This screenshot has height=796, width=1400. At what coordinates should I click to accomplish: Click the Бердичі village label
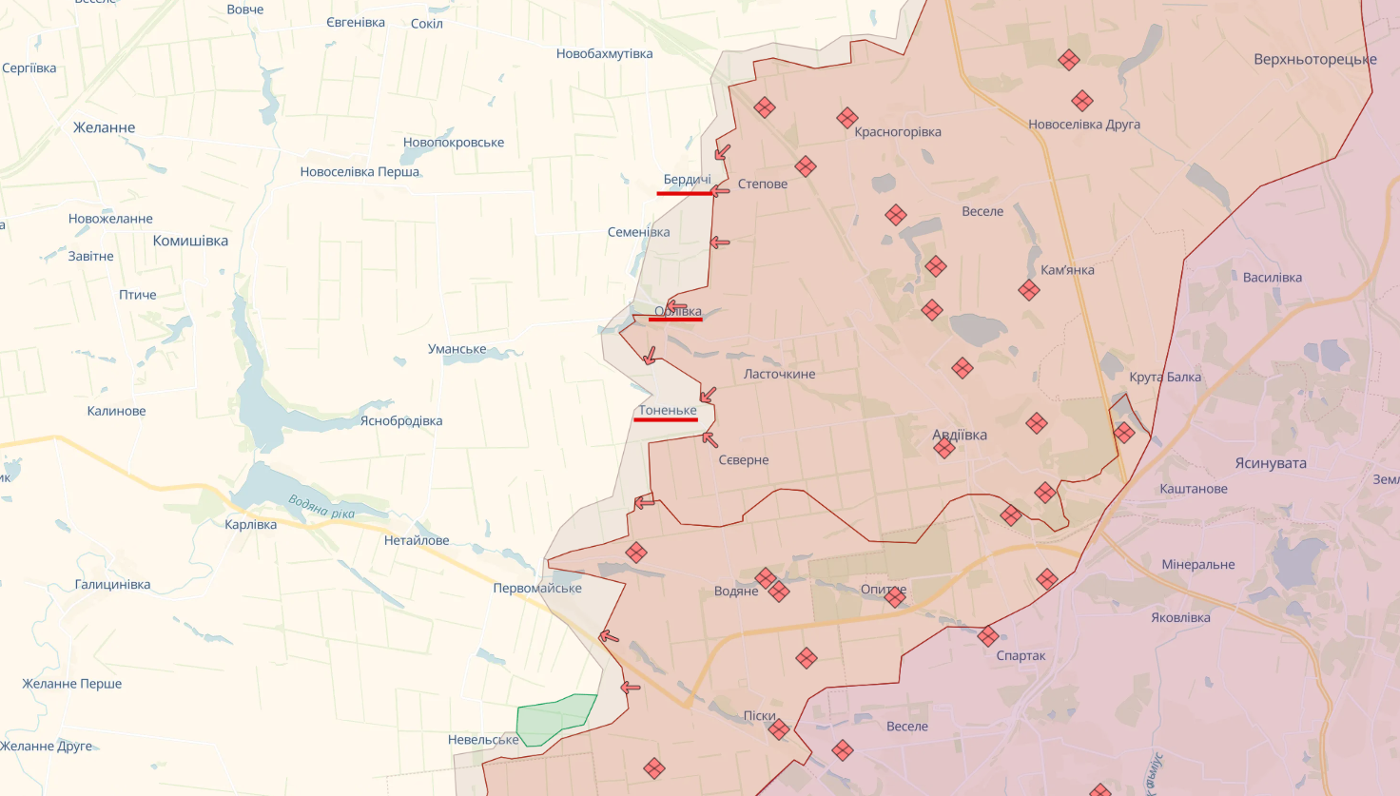[x=687, y=180]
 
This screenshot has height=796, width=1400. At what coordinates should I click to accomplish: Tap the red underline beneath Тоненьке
[x=666, y=419]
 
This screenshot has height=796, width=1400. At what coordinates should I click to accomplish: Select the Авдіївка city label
[x=960, y=435]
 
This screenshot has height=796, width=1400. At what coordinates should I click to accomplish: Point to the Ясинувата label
[x=1271, y=463]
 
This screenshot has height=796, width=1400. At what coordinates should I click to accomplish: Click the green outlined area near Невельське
[x=554, y=718]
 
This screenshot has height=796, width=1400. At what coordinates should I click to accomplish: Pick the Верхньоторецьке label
[x=1314, y=59]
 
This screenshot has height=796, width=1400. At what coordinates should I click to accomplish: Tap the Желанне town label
[x=104, y=127]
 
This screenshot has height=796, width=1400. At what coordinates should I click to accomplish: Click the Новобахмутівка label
[x=604, y=53]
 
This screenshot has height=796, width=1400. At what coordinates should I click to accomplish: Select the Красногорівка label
[x=897, y=132]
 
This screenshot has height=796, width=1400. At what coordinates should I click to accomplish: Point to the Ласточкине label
[x=779, y=374]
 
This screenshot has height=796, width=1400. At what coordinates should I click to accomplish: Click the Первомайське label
[x=537, y=588]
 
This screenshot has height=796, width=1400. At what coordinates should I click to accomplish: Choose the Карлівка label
[x=251, y=524]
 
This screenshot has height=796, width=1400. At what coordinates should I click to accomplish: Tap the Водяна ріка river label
[x=321, y=508]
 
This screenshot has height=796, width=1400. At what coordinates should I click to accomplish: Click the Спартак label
[x=1021, y=655]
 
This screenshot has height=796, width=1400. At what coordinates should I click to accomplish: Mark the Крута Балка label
[x=1165, y=377]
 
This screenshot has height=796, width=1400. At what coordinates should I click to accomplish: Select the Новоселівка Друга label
[x=1083, y=124]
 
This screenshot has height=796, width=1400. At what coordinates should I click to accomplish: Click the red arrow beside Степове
[x=720, y=191]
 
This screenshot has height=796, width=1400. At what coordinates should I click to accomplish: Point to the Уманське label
[x=457, y=349]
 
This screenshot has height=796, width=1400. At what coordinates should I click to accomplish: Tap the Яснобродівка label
[x=400, y=420]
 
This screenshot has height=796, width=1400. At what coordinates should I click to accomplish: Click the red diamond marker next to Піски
[x=779, y=730]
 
